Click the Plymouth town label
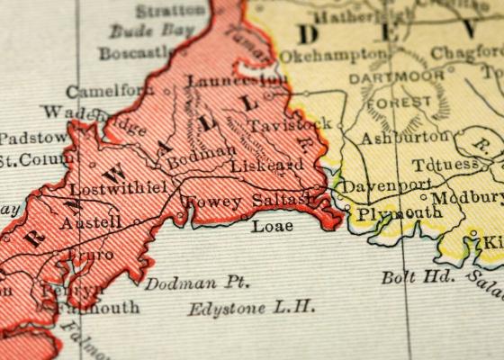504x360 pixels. point(399,213)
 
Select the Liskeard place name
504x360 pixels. point(266,166)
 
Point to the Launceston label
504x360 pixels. point(237,81)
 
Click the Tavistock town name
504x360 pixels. point(290,125)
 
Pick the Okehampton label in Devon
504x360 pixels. point(331,56)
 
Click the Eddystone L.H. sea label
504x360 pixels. point(252,308)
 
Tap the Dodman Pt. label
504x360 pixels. point(196,283)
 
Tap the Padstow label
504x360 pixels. point(32,138)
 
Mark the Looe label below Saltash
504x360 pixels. point(272,225)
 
